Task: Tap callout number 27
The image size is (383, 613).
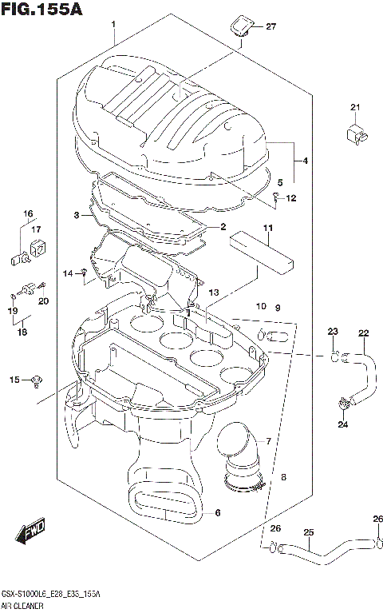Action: pyautogui.click(x=270, y=27)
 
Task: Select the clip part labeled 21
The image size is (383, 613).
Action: pyautogui.click(x=356, y=133)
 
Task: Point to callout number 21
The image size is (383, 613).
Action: pyautogui.click(x=355, y=108)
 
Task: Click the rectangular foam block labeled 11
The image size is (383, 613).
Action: pyautogui.click(x=261, y=253)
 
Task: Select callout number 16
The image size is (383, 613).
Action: pyautogui.click(x=28, y=213)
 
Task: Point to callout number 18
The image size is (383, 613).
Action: pyautogui.click(x=22, y=331)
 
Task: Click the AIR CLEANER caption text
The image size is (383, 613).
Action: pyautogui.click(x=25, y=607)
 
